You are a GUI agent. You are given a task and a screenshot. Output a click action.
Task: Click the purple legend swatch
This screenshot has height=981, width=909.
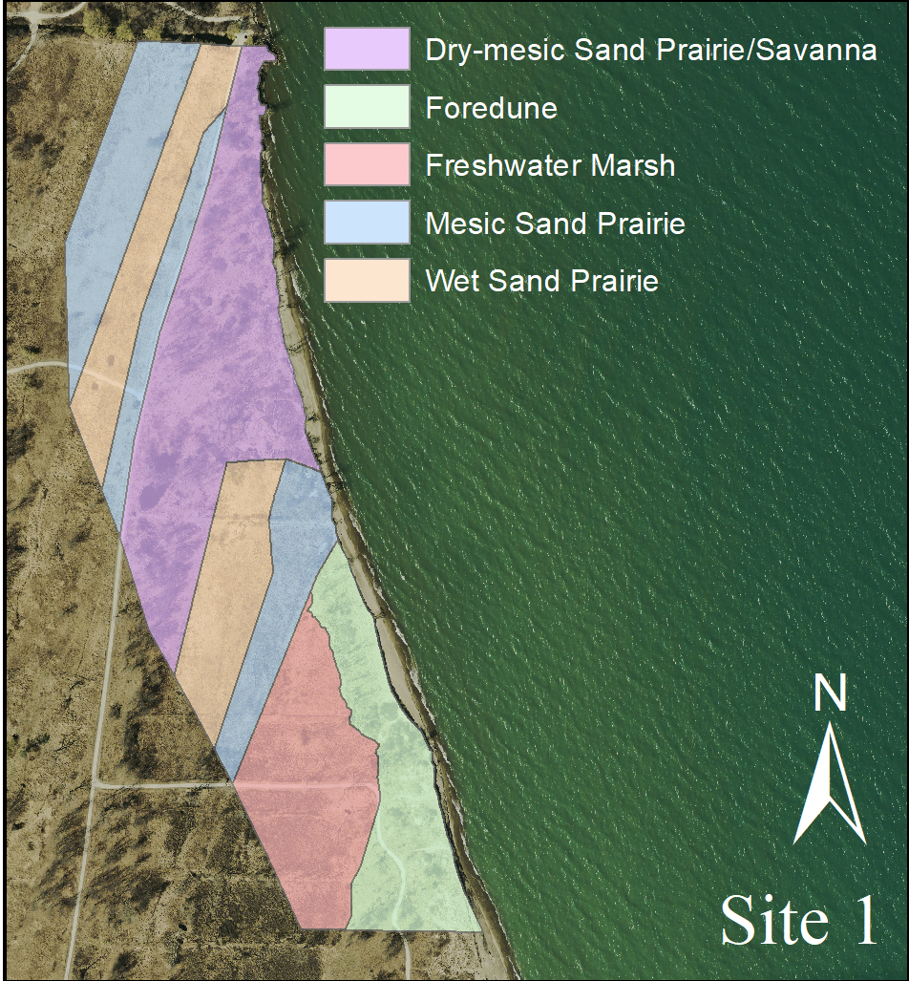click(x=367, y=50)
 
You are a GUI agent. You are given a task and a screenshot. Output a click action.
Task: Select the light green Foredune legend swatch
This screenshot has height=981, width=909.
click(x=367, y=107)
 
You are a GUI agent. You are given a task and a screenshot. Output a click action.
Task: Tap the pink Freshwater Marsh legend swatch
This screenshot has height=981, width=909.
click(x=367, y=165)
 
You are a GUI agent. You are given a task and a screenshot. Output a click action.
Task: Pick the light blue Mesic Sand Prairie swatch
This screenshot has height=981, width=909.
click(x=367, y=223)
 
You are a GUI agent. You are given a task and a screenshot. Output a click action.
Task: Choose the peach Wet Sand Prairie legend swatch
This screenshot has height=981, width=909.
click(x=367, y=281)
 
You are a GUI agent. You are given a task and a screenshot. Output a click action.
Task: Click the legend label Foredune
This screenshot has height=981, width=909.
click(x=492, y=108)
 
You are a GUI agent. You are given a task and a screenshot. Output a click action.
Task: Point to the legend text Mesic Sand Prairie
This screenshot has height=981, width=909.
click(x=556, y=224)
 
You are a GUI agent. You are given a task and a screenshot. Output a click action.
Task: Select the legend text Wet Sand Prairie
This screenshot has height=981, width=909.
click(x=542, y=282)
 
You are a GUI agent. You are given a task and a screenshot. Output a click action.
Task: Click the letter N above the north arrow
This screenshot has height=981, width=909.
click(x=831, y=694)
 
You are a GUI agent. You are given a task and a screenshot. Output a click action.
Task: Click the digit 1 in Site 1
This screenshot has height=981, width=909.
click(x=860, y=920)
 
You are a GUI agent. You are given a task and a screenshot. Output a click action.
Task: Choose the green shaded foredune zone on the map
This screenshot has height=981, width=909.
click(x=411, y=812)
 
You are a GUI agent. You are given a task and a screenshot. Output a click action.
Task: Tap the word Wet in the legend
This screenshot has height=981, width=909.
click(x=454, y=282)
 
